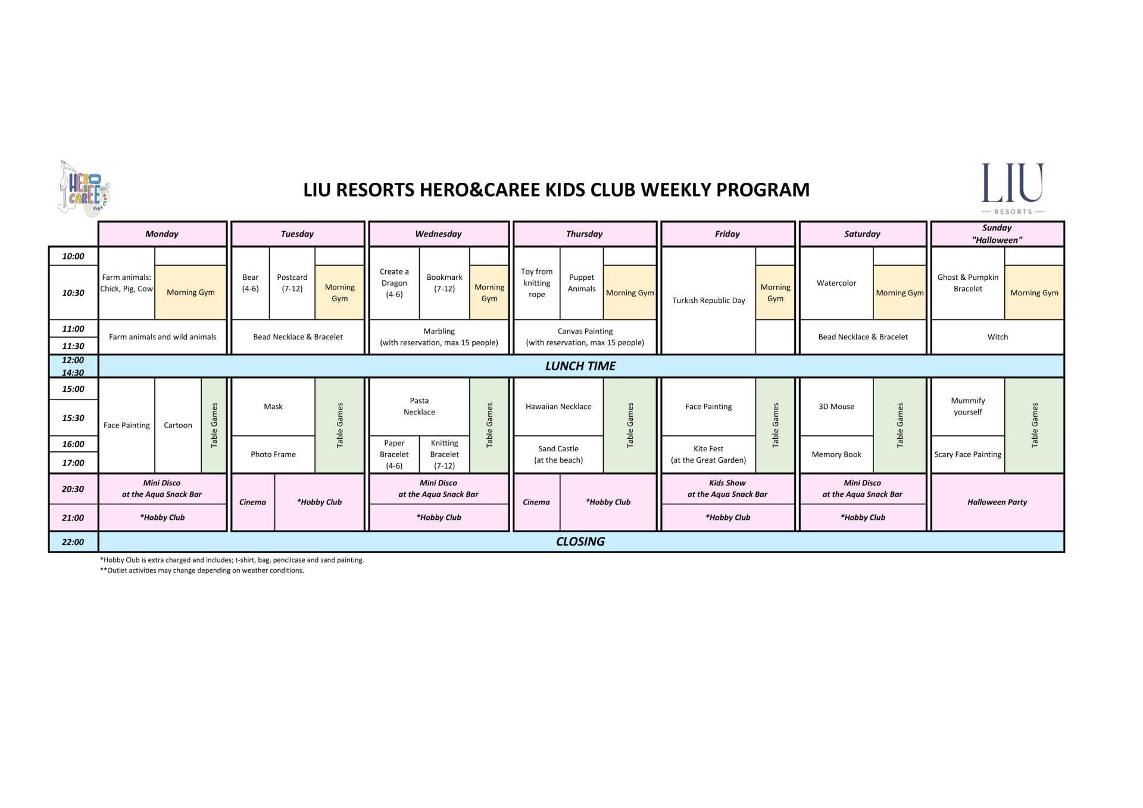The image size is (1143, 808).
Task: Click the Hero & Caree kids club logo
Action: click(x=84, y=188)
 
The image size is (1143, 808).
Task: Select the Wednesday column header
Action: click(x=439, y=234)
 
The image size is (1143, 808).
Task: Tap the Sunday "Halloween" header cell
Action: click(x=997, y=234)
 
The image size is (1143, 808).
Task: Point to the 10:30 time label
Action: click(x=73, y=292)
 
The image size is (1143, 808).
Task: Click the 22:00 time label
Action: click(x=73, y=542)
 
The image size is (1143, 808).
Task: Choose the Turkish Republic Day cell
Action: click(x=708, y=300)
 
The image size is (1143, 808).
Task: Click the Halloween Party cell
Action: click(x=997, y=502)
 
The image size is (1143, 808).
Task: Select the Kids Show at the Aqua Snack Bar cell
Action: click(x=727, y=489)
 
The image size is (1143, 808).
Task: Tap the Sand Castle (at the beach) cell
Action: click(x=558, y=454)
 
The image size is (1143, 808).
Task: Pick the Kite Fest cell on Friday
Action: click(x=708, y=454)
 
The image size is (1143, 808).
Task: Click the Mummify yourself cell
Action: click(x=968, y=406)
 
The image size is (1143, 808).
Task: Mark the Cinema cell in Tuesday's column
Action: click(x=253, y=502)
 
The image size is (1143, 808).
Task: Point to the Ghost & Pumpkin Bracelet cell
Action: click(x=968, y=283)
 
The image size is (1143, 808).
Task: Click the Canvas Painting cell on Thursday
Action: click(x=585, y=337)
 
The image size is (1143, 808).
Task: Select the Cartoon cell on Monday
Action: click(x=178, y=425)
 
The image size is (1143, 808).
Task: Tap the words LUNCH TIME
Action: click(x=580, y=366)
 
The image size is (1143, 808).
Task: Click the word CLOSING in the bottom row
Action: click(x=580, y=542)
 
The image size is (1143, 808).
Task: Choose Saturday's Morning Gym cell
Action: click(x=900, y=292)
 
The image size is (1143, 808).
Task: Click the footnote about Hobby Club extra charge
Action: click(x=232, y=560)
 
